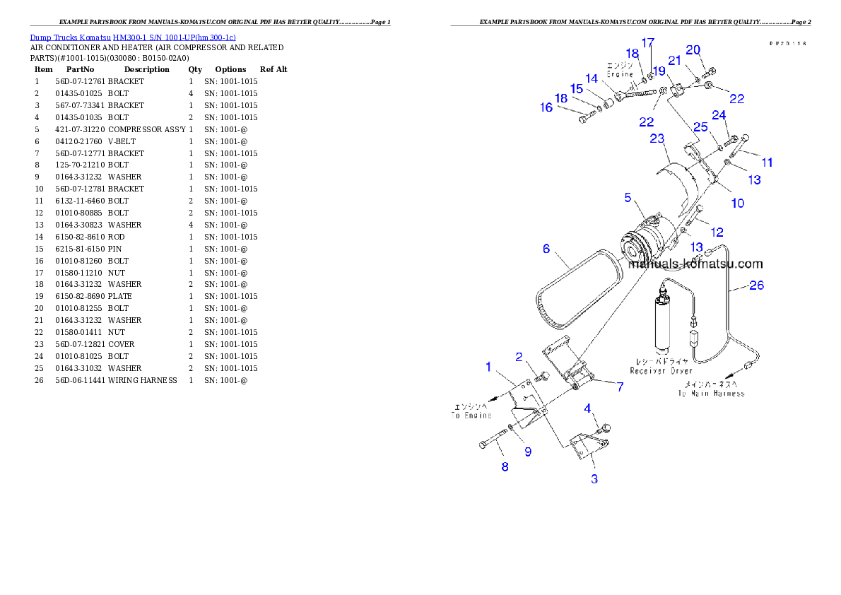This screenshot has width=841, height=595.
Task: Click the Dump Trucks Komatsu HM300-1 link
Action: tap(133, 37)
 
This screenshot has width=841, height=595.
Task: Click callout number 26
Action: tap(756, 286)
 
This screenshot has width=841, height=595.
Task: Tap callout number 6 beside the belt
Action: tap(546, 249)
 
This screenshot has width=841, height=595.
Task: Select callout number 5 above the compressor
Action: tap(628, 198)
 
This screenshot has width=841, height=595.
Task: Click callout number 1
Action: tap(488, 366)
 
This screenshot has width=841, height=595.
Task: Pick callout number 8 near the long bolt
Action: tap(505, 466)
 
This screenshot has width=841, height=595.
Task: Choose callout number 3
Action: tap(594, 479)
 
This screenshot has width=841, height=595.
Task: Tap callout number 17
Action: tap(648, 43)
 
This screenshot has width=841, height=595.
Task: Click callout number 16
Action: tap(546, 107)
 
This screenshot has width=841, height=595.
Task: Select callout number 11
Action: tap(767, 163)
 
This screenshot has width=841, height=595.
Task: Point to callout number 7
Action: tap(620, 387)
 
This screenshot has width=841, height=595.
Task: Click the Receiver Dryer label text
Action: tap(661, 370)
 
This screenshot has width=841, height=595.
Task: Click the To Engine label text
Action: tap(472, 416)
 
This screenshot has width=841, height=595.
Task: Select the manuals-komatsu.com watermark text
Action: tap(695, 264)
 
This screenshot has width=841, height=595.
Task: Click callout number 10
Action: tap(737, 204)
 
